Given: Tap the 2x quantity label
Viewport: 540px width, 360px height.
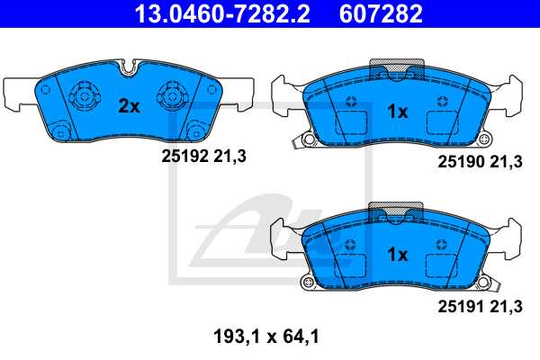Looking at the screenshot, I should point(130,106).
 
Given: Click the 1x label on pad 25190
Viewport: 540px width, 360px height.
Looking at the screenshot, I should point(398,112).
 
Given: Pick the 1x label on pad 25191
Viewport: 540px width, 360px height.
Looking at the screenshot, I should point(398,255).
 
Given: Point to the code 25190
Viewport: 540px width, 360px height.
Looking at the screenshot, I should point(458,162).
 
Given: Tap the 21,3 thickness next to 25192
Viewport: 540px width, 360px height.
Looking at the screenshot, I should point(229,156).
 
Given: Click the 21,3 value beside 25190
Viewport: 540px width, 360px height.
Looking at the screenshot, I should point(506,162).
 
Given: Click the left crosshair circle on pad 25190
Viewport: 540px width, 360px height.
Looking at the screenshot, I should point(351,101).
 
